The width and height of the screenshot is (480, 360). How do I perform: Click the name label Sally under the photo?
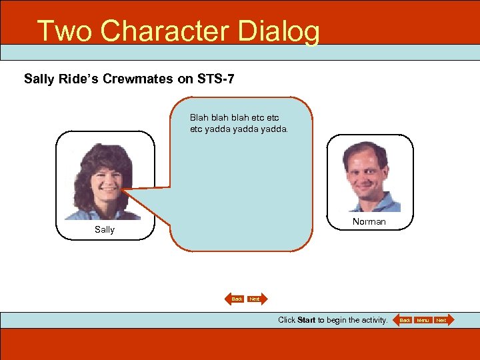pyautogui.click(x=105, y=229)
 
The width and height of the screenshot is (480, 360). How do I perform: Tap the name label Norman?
pyautogui.click(x=369, y=221)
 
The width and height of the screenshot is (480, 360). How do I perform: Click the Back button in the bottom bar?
pyautogui.click(x=405, y=321)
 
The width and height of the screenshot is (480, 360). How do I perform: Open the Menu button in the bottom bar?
pyautogui.click(x=423, y=321)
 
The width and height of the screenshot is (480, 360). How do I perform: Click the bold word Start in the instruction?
pyautogui.click(x=307, y=320)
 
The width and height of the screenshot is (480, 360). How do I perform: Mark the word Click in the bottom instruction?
pyautogui.click(x=287, y=320)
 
